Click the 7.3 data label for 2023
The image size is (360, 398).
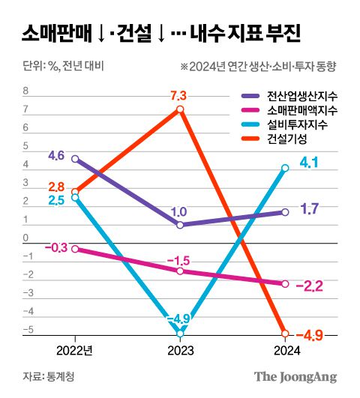point(178,95)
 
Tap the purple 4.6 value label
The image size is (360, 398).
point(55,156)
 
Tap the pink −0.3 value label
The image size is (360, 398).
point(55,247)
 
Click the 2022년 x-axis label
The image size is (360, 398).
point(74,351)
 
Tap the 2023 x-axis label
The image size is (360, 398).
point(180,351)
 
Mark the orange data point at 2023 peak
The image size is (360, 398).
point(180,109)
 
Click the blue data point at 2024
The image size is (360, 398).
point(286,168)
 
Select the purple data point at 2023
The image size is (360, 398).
point(180,225)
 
